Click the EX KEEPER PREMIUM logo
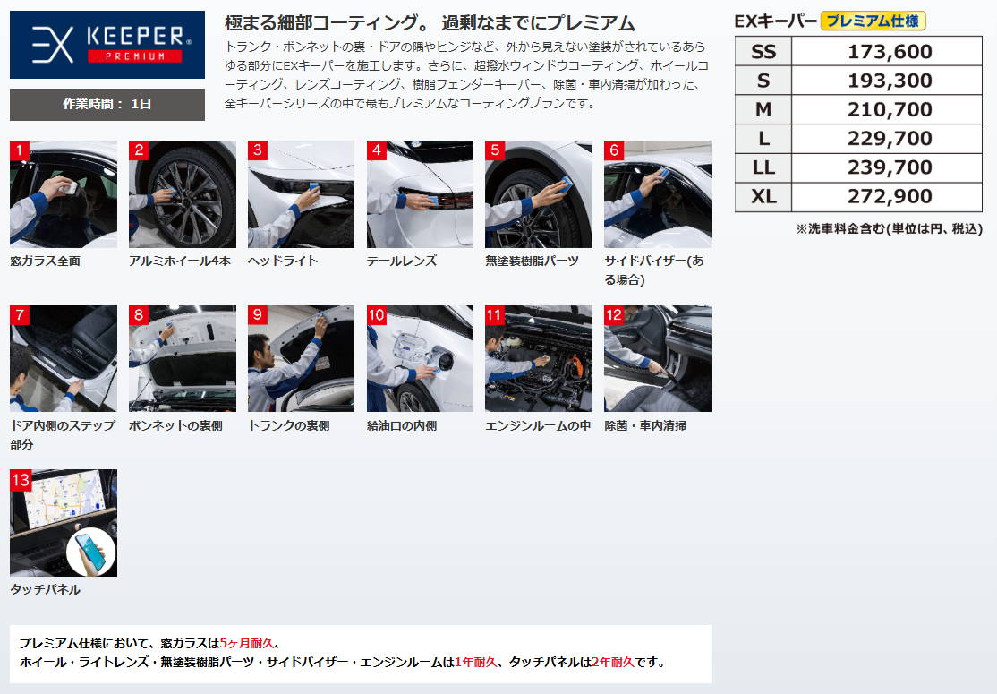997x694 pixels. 107,45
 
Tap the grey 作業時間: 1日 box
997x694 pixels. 107,104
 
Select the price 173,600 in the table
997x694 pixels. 890,52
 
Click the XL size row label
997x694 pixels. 763,197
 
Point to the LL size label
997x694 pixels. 763,167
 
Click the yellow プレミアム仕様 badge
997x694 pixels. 873,21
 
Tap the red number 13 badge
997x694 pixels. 21,480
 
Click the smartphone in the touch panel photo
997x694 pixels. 90,552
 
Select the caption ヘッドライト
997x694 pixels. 283,261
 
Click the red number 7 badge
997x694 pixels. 20,315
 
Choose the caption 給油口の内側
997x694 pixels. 402,425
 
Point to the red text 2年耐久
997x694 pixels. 613,662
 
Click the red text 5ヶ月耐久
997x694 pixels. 247,643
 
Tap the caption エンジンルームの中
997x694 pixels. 538,425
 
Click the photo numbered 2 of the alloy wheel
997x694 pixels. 183,194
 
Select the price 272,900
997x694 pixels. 890,197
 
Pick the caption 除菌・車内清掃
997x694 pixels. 645,425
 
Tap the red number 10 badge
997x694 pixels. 377,315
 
